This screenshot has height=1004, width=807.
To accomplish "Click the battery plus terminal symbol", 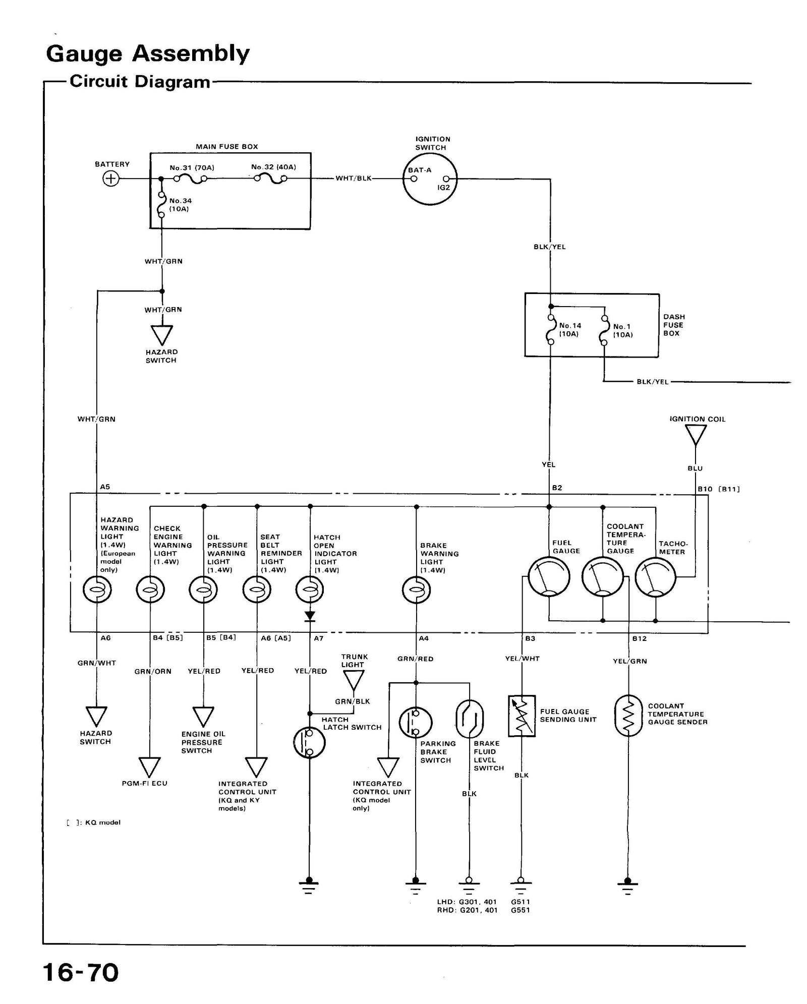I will pos(110,179).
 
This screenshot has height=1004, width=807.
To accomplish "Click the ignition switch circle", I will pos(430,179).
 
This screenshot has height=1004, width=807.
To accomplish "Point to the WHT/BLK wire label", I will pos(353,179).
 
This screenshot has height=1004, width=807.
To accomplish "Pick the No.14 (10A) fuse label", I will pos(570,330).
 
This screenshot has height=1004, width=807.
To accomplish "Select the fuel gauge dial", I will pos(549,577).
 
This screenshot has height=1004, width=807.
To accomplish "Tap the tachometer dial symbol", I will pos(655,577).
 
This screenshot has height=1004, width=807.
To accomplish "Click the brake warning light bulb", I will pos(416,589).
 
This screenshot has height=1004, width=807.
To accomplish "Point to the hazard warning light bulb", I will pos(97,589).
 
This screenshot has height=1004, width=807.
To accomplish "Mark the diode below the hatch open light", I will pos(310,616).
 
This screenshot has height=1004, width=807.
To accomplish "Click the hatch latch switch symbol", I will pos(309,742).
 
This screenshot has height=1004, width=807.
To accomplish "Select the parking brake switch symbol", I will pos(415,722).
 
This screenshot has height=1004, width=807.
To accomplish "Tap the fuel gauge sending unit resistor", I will pos(522,716).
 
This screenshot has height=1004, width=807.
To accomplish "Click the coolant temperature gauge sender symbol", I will pos(628,715).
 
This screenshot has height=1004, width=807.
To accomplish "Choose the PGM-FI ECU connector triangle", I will pos(150,767).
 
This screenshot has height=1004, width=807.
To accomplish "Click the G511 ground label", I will pos(521,902).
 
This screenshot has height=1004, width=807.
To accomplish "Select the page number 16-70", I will pos(81,973).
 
